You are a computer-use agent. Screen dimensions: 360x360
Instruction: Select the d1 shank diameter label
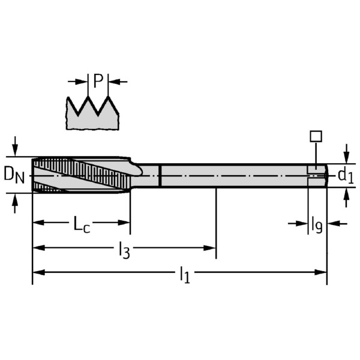pos(345,175)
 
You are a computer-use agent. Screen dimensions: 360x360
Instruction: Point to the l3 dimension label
pos(124,250)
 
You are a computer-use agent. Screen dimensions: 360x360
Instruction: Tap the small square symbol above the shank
pos(316,136)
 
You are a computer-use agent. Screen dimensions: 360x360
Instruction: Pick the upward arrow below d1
pos(346,196)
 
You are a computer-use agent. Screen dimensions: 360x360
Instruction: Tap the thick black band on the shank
pos(160,175)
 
